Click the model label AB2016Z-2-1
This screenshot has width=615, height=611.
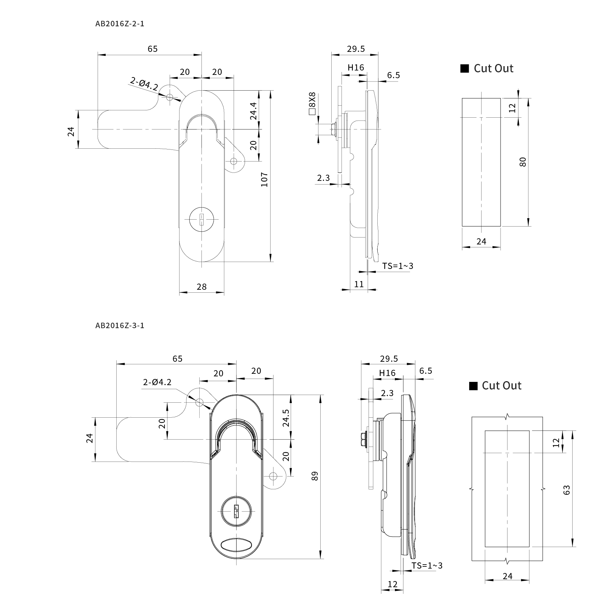(x=120, y=24)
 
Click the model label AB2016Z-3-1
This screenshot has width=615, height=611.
(x=120, y=325)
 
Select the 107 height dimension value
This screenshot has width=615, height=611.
(x=264, y=179)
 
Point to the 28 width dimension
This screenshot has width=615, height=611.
(x=201, y=287)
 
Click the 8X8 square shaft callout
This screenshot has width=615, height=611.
(x=312, y=103)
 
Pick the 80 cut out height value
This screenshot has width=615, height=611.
(x=523, y=162)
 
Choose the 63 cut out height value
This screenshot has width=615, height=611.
(x=566, y=490)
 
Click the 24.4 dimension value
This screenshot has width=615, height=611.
(x=253, y=111)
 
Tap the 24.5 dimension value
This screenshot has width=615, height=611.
(x=286, y=418)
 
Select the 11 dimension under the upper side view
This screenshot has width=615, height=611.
(x=359, y=284)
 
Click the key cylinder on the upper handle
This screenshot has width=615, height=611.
(x=201, y=220)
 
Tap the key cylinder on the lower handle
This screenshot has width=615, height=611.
(x=235, y=511)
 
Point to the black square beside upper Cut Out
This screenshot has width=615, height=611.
(x=464, y=69)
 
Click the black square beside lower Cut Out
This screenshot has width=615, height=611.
(x=473, y=386)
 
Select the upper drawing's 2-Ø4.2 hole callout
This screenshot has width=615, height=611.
(x=144, y=84)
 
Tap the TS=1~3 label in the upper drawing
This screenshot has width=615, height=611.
(x=398, y=266)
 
